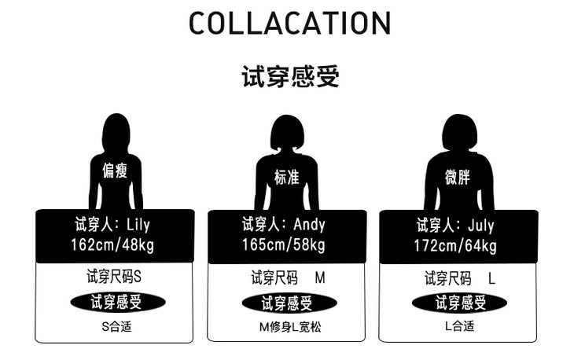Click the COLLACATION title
tap(289, 23)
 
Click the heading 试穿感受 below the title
tap(289, 77)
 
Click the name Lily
tap(135, 225)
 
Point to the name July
tap(480, 226)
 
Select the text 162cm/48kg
tap(113, 245)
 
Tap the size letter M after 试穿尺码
tap(319, 277)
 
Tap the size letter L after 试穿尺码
tap(491, 277)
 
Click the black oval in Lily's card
tap(117, 302)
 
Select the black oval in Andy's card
tap(288, 303)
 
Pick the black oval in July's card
tap(459, 303)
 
